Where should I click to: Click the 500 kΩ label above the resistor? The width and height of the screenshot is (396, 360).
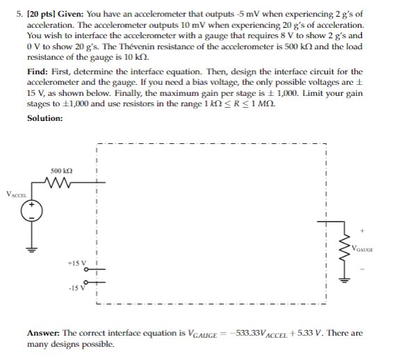62,170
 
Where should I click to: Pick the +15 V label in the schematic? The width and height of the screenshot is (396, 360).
76,263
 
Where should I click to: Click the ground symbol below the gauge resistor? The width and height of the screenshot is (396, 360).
342,277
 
